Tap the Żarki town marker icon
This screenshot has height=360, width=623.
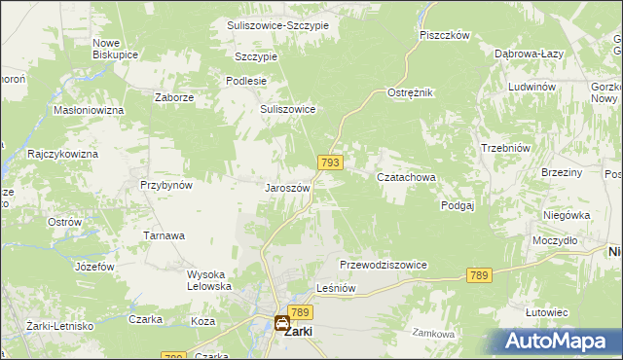pyautogui.click(x=282, y=322)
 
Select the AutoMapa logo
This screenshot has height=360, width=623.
pyautogui.click(x=558, y=342)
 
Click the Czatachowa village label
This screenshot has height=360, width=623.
pyautogui.click(x=406, y=177)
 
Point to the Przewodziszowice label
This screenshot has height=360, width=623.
pyautogui.click(x=384, y=265)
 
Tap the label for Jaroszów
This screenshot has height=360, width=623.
pyautogui.click(x=287, y=188)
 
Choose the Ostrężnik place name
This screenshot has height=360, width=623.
pyautogui.click(x=410, y=91)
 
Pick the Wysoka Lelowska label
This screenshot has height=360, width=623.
pyautogui.click(x=209, y=280)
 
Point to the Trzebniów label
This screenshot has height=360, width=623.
pyautogui.click(x=505, y=148)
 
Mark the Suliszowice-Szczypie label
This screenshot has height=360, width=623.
pyautogui.click(x=277, y=24)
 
